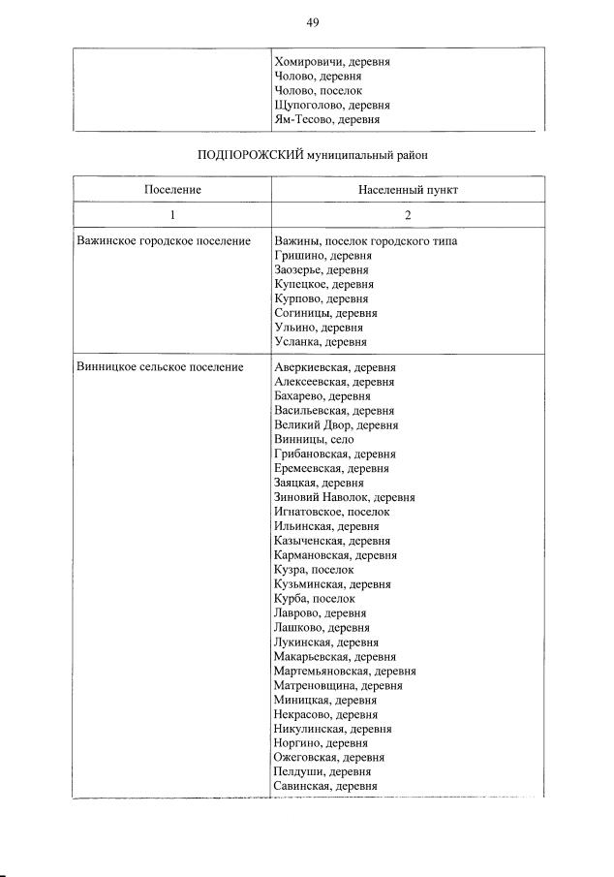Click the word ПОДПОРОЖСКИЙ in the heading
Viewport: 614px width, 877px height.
[251, 153]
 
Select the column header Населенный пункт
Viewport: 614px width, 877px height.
[407, 190]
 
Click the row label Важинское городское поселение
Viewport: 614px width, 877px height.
[163, 241]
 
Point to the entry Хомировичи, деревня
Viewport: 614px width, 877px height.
[332, 61]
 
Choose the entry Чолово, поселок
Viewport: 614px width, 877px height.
[318, 90]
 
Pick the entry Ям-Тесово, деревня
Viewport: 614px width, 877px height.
[327, 119]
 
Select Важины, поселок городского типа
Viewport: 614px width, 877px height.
[365, 241]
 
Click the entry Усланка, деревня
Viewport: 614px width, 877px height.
[321, 343]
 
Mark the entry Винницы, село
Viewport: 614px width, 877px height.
[307, 440]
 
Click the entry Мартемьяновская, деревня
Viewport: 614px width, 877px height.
[345, 671]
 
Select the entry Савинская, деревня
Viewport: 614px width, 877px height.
[325, 786]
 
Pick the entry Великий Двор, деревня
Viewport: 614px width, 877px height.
[335, 425]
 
